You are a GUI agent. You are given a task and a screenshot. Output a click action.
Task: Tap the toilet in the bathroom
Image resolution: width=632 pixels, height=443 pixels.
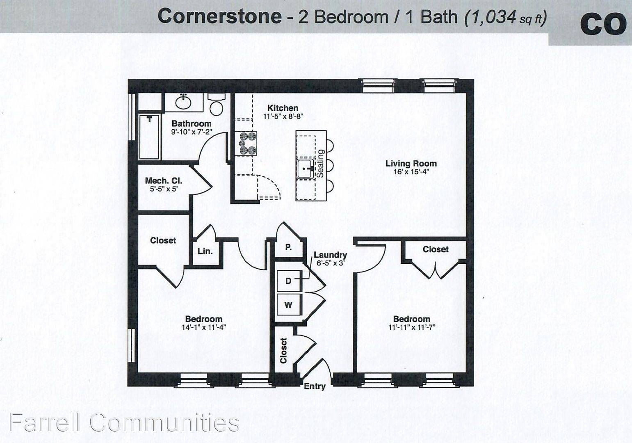pos(217,104)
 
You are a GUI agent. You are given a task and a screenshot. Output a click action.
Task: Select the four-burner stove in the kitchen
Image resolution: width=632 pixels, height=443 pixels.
pos(248,143)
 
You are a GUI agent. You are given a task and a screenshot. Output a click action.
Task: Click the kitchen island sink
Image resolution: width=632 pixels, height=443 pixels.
pos(305,169)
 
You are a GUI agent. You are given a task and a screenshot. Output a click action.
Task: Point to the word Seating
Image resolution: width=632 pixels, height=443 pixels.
pos(321,163)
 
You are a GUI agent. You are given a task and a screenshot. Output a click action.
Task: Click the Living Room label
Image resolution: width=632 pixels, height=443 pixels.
pos(411,163)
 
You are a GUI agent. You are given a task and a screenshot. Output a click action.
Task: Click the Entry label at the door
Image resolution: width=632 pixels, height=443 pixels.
pos(315,386)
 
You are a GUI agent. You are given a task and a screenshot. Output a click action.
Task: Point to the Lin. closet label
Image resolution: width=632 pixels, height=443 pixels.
pos(205,251)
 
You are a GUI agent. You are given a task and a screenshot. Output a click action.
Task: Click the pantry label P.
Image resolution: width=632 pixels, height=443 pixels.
pos(288,247)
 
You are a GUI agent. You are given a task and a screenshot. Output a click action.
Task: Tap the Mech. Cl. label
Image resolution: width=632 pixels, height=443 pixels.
pos(164,180)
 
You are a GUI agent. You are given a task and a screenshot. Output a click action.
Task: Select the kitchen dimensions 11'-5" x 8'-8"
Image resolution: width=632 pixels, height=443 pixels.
pos(283,116)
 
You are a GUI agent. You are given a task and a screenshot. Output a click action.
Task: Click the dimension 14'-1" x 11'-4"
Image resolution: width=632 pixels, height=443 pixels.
pos(204,327)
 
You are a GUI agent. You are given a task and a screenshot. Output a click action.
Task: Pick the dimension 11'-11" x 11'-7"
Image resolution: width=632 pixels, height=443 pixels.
pos(412,327)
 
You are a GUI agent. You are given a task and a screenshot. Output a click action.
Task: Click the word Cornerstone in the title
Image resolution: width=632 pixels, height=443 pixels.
pos(219,16)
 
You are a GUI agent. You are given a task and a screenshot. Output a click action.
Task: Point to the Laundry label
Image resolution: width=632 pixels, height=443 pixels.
pos(331,255)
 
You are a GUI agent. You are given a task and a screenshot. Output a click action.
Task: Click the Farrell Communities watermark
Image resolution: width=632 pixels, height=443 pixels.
pos(124,422)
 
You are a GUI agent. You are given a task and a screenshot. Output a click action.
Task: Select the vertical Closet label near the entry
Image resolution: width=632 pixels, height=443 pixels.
pos(283,350)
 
